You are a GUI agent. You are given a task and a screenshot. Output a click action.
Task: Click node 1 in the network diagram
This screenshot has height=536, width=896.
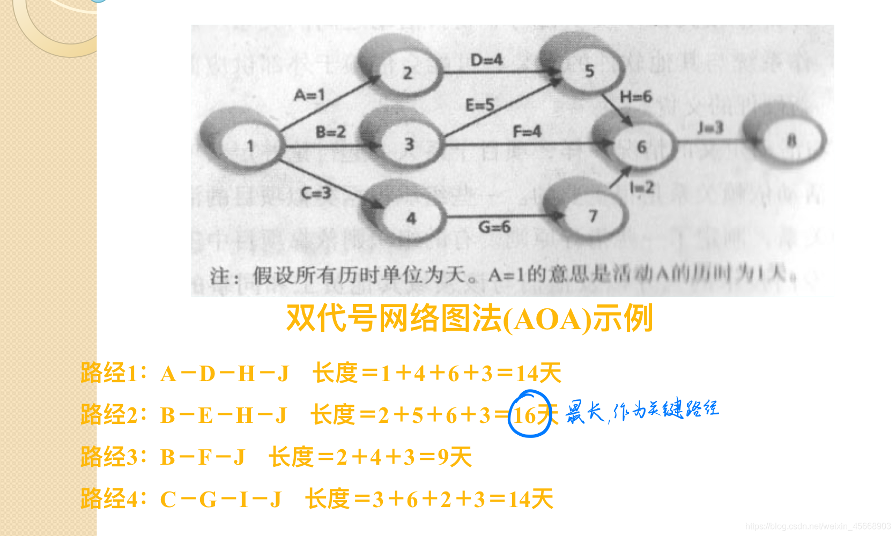point(250,145)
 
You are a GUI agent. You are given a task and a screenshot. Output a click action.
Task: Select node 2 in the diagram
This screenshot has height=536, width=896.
point(408,72)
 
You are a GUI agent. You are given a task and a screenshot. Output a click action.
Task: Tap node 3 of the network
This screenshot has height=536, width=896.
point(409,144)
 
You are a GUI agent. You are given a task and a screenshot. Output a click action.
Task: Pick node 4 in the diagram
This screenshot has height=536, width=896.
point(411,218)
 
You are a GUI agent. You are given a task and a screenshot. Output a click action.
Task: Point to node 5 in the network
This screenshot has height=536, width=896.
point(589,71)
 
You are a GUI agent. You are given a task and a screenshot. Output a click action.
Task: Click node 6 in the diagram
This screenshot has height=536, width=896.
point(641,146)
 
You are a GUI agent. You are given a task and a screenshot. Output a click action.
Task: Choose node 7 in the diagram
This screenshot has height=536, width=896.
point(593,216)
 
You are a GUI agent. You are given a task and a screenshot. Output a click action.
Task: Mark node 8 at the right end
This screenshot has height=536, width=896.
point(791,141)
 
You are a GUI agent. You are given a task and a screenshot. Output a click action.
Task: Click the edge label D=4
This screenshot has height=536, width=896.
point(486,59)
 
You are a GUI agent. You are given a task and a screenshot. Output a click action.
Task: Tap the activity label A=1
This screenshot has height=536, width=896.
point(309,95)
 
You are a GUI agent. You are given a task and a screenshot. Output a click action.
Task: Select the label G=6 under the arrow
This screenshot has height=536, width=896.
point(494,227)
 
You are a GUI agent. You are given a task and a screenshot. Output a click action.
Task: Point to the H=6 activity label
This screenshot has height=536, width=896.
point(635,97)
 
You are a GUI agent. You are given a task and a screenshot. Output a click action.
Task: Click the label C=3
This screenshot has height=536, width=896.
point(315,192)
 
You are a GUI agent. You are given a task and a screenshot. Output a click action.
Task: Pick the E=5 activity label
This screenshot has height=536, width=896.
point(479,105)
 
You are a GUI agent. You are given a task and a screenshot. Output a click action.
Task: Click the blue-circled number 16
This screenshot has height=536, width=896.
point(525,415)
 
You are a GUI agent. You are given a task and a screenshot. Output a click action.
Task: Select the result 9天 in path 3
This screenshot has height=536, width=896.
point(455,457)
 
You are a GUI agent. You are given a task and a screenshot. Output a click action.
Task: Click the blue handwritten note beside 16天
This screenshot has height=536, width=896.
point(642,411)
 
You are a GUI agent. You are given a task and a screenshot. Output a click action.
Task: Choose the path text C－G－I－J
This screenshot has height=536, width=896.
point(221,500)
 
